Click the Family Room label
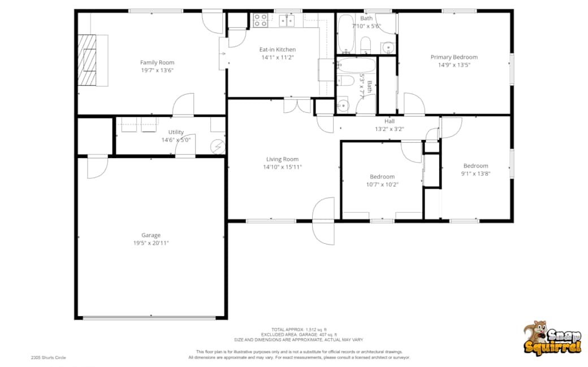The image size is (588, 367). [x=157, y=63]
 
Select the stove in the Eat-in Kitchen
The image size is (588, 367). [x=260, y=21]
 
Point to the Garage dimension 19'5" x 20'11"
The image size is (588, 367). [x=151, y=243]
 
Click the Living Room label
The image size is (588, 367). [x=282, y=159]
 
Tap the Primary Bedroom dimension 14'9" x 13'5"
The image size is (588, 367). [x=453, y=65]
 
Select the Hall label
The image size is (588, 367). [x=390, y=121]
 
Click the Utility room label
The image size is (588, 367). [x=176, y=132]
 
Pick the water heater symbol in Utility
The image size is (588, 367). [x=218, y=147]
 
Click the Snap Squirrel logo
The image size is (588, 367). [x=551, y=338]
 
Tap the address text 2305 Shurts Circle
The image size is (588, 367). [x=49, y=357]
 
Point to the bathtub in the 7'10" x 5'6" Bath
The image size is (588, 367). [x=345, y=33]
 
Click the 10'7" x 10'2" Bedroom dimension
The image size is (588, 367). [x=382, y=184]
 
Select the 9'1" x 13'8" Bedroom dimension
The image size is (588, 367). [x=475, y=174]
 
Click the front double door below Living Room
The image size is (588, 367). [x=324, y=221]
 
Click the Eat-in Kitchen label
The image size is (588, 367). [x=277, y=50]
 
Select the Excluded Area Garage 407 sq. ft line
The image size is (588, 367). [x=299, y=335]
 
